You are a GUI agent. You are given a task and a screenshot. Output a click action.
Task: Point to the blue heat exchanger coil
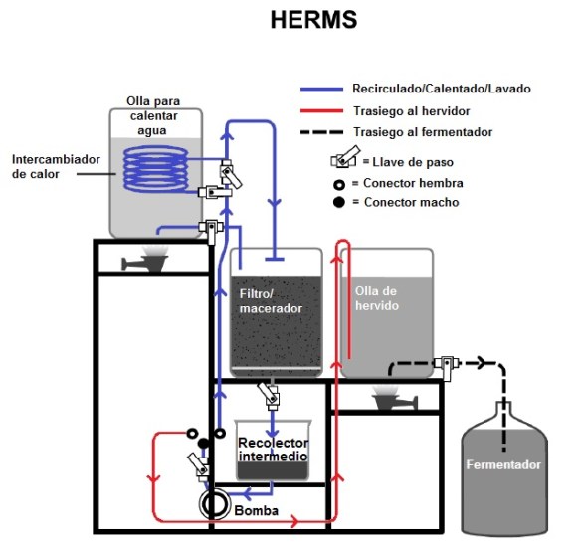[x=157, y=170]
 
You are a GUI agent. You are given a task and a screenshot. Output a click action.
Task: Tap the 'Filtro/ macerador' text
[x=272, y=300]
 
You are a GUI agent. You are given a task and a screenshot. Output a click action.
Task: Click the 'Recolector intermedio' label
[x=273, y=450]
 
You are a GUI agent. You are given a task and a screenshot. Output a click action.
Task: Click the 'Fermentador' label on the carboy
[x=505, y=465]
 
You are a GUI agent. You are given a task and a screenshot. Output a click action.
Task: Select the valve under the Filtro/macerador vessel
[x=268, y=392]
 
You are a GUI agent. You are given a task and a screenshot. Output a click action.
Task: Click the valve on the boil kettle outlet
[x=446, y=367]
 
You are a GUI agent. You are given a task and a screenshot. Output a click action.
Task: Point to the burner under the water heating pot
[x=147, y=260]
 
